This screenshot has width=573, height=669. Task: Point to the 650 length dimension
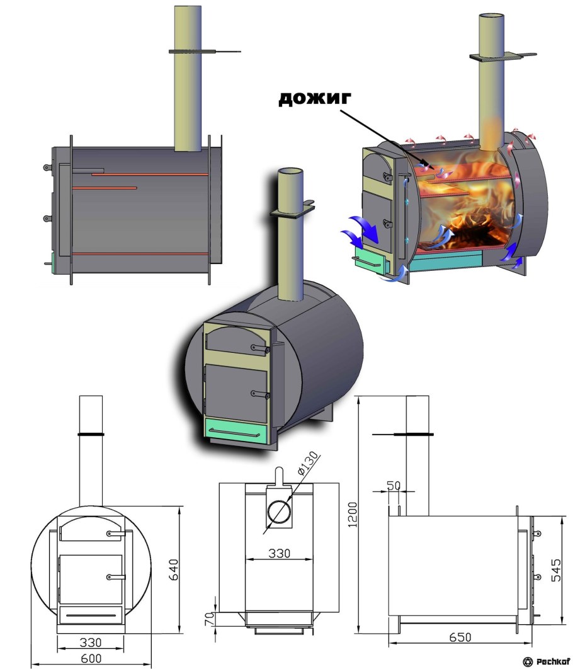click(460, 638)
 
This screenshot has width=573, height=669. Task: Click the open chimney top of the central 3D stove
click(290, 173)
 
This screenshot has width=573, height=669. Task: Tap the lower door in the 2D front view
click(91, 579)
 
